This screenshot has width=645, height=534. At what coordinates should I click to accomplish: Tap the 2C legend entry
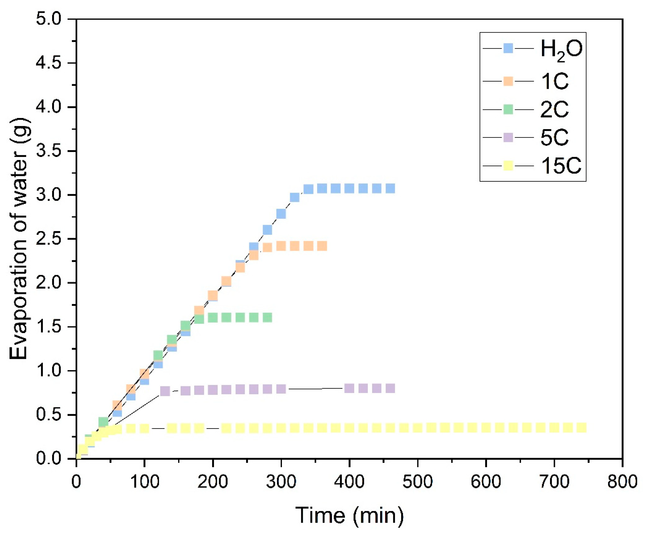554,110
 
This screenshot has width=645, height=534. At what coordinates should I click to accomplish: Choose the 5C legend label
554,138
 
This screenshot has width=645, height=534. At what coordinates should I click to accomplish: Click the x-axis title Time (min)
349,515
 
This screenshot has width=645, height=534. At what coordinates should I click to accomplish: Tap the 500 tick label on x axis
417,481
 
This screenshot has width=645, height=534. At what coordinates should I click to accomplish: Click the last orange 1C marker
322,246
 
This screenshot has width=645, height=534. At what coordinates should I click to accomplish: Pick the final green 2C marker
267,317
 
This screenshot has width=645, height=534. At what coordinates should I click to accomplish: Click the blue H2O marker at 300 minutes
281,214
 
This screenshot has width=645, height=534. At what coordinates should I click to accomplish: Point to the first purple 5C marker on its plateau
165,391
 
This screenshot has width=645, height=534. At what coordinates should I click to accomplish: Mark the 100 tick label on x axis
144,481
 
